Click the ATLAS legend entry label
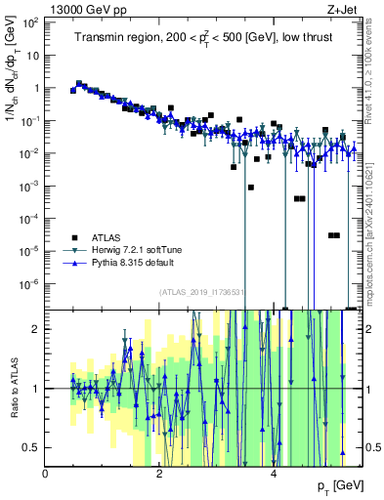click(107, 237)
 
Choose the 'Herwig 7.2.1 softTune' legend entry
click(138, 250)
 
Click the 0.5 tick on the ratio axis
click(32, 447)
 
